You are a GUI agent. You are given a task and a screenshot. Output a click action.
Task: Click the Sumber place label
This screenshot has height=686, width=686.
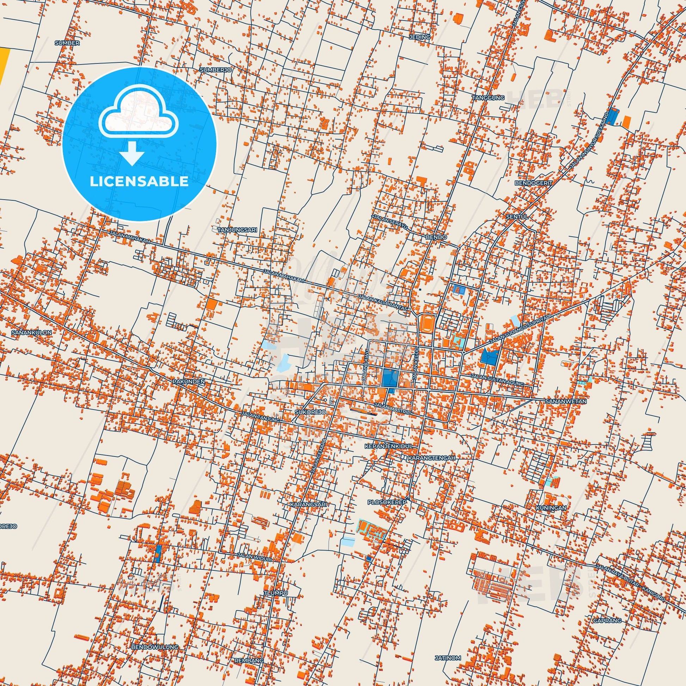[x=67, y=43]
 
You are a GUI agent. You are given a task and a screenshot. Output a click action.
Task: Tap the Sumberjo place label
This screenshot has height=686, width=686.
[x=215, y=70]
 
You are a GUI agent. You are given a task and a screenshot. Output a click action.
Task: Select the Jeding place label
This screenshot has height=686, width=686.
[x=419, y=37]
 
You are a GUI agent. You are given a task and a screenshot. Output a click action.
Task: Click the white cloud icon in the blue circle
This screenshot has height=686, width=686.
[x=139, y=117]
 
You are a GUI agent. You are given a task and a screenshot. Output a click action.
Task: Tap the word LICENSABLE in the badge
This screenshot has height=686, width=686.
[x=139, y=182]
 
